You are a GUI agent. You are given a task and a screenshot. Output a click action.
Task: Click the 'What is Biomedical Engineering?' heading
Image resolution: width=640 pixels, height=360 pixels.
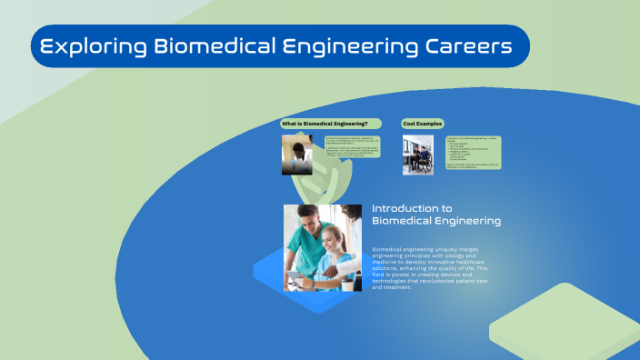[325, 123]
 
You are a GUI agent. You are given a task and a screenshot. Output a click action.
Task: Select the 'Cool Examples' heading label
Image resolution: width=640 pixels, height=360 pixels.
[420, 123]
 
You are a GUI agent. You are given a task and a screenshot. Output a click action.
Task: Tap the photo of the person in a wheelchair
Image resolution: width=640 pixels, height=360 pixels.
[418, 155]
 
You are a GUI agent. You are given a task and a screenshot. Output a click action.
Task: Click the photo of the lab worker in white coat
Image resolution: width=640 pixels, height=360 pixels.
[297, 155]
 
